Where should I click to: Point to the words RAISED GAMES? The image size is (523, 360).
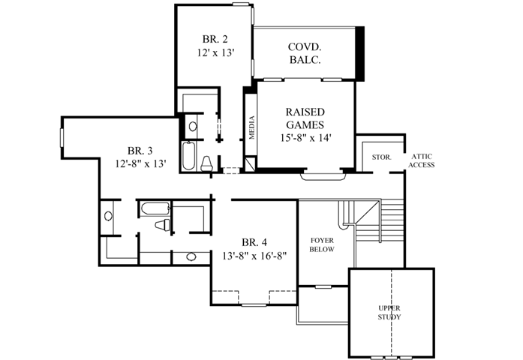click(x=305, y=118)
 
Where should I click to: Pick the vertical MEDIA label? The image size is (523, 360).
click(x=252, y=127)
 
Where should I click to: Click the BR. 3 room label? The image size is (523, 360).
click(x=140, y=148)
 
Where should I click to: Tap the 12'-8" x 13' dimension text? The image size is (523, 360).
click(x=140, y=162)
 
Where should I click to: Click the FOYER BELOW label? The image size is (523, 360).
click(x=322, y=244)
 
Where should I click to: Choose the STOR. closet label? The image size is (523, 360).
click(x=381, y=157)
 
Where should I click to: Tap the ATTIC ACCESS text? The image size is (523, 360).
click(x=421, y=160)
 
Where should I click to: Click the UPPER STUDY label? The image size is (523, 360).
click(x=389, y=313)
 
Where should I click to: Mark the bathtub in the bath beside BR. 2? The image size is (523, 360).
click(x=188, y=156)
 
